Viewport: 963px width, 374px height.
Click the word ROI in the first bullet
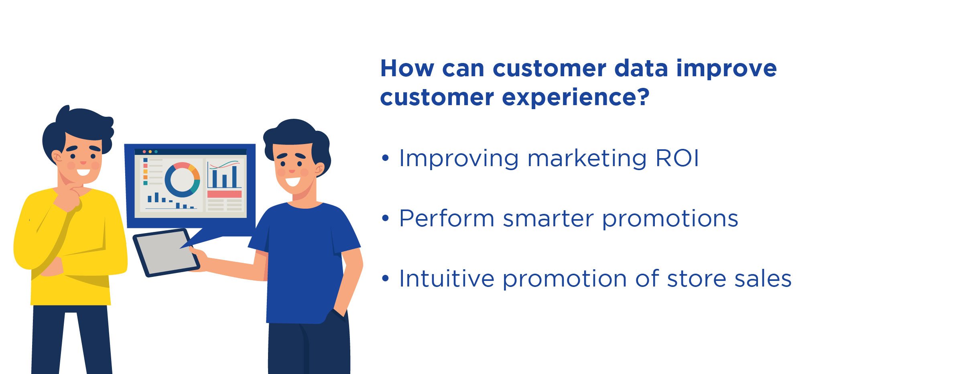(x=677, y=158)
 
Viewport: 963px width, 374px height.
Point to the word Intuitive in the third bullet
(x=447, y=278)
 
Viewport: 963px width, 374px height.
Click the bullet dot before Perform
(x=386, y=218)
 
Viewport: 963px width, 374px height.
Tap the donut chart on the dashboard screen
(x=182, y=179)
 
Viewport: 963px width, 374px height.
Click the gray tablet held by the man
(x=166, y=252)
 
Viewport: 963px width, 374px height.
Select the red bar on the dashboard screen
(x=224, y=194)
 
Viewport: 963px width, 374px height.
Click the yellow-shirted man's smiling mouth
(x=83, y=173)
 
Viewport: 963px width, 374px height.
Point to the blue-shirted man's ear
(x=320, y=169)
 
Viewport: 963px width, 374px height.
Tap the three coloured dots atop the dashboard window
(x=150, y=152)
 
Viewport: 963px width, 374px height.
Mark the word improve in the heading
(x=727, y=69)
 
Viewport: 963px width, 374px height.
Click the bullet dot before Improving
(x=386, y=158)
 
